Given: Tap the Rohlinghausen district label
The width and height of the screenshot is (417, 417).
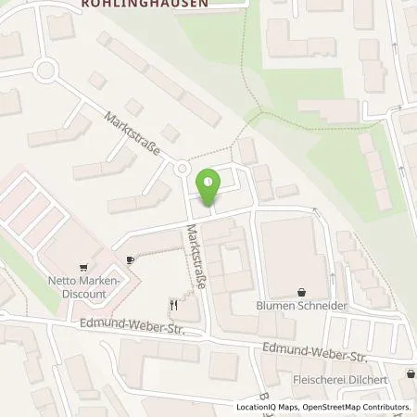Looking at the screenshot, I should pyautogui.click(x=152, y=4).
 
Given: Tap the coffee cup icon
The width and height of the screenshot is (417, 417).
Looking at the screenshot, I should pyautogui.click(x=131, y=260).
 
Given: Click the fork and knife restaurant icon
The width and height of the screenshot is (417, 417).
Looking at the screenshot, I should pyautogui.click(x=172, y=303).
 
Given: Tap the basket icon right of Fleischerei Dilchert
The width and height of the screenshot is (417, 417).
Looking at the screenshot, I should pyautogui.click(x=409, y=374).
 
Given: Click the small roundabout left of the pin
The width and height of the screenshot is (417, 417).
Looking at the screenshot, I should pyautogui.click(x=182, y=169).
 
